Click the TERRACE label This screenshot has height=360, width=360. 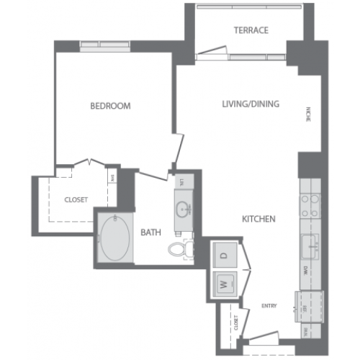point(251,30)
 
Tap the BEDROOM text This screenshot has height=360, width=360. point(110,106)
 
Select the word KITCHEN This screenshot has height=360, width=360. point(259,218)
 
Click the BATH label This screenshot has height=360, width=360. point(150,232)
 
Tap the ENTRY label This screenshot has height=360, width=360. point(269,306)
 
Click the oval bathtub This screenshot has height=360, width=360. point(114,239)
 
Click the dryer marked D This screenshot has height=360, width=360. point(223,256)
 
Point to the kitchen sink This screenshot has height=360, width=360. point(312,246)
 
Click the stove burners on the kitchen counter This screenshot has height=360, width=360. point(310,205)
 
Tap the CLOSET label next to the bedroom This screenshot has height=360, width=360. point(76,199)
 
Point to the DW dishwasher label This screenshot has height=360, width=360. point(307,271)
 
